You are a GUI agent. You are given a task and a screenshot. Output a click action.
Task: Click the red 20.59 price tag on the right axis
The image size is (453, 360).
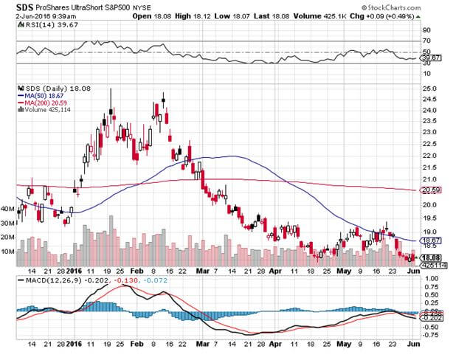(x=430, y=190)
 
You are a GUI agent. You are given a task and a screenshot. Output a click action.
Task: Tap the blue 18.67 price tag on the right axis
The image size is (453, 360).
(x=430, y=241)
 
